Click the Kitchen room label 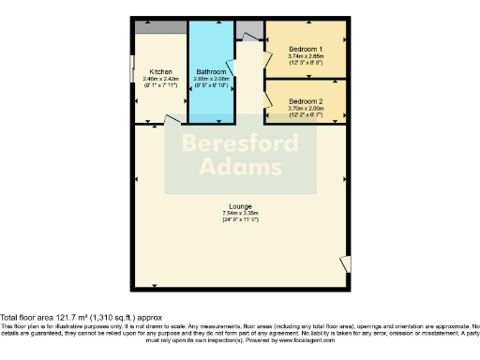(159, 70)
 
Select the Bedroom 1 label (306, 48)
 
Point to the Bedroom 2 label (306, 100)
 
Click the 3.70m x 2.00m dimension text (306, 108)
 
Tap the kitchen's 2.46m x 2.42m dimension (159, 78)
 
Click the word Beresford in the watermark (240, 144)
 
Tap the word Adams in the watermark (240, 169)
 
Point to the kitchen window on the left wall (132, 70)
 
